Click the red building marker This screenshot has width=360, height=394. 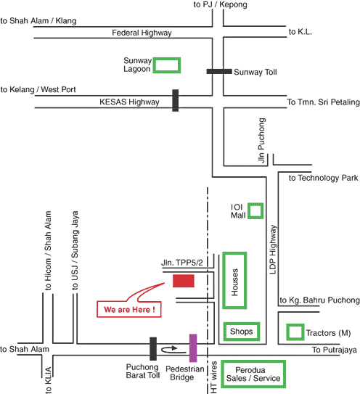tap(184, 281)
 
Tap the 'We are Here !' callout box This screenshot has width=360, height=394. tap(129, 309)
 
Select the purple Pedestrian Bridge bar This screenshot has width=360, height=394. tap(193, 348)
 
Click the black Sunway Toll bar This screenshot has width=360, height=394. tap(219, 72)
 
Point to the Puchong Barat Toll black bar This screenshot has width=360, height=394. tap(153, 349)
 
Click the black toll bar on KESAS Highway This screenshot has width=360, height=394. tap(176, 100)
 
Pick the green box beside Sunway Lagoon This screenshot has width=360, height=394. tap(167, 58)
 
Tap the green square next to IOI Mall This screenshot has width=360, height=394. tap(255, 204)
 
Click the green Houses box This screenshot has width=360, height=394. tap(224, 281)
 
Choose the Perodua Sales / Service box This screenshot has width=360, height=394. tap(253, 361)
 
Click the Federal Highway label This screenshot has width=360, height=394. tap(142, 33)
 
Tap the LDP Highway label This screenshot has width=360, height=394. tap(273, 250)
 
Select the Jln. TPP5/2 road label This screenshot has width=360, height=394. tap(181, 263)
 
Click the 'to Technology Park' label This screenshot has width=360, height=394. tap(323, 178)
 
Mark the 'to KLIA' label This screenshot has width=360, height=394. tap(48, 380)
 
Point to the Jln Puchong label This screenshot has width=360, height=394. tap(261, 141)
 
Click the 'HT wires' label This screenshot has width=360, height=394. tap(213, 377)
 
